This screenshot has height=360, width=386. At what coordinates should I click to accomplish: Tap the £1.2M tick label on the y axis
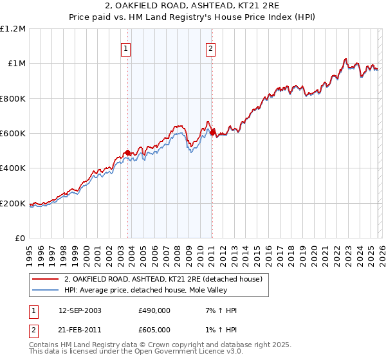[x=13, y=29]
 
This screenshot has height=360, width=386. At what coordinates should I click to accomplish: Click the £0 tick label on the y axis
[x=20, y=239]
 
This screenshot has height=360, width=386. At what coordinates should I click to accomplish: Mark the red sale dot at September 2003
[x=128, y=152]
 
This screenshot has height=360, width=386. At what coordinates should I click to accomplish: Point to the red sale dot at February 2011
[x=212, y=132]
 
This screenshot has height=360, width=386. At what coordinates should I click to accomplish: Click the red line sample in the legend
[x=44, y=280]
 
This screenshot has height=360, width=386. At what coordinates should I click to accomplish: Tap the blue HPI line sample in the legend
[x=44, y=291]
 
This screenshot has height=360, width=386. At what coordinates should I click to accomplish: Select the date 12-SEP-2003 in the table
[x=83, y=310]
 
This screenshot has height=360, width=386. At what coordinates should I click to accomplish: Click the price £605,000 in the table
[x=154, y=329]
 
